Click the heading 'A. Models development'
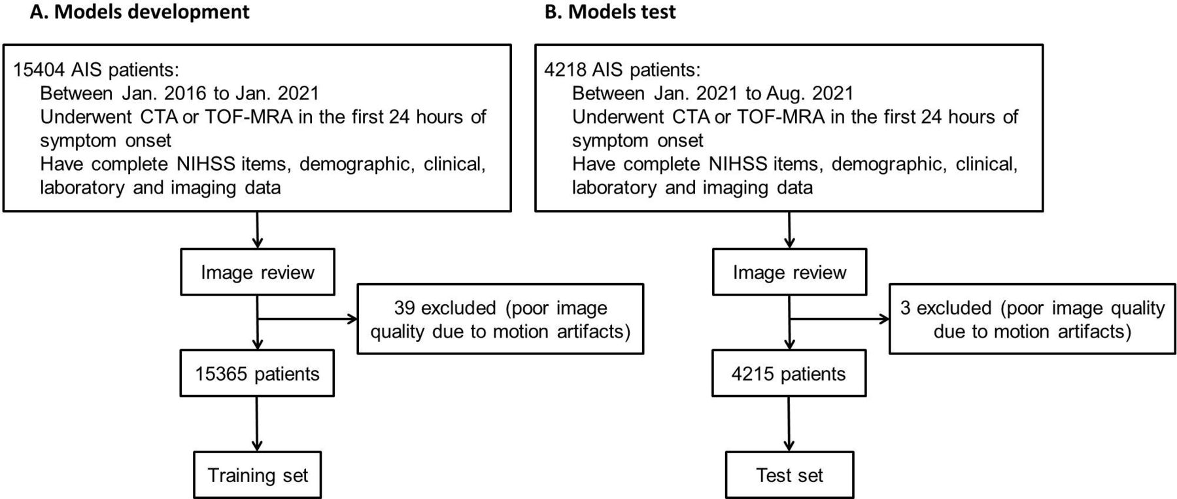(140, 12)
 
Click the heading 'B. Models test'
(610, 12)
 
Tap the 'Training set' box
(258, 475)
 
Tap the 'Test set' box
(789, 475)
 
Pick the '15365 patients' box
(257, 373)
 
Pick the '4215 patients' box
(789, 373)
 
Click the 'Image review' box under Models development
(257, 272)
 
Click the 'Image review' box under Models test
(789, 272)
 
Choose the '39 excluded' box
(500, 319)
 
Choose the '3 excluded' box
(1032, 319)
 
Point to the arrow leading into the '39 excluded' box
(307, 319)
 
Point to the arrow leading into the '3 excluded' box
(840, 319)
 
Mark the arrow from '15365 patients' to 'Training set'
(257, 424)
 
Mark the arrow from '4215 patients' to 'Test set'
(789, 424)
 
